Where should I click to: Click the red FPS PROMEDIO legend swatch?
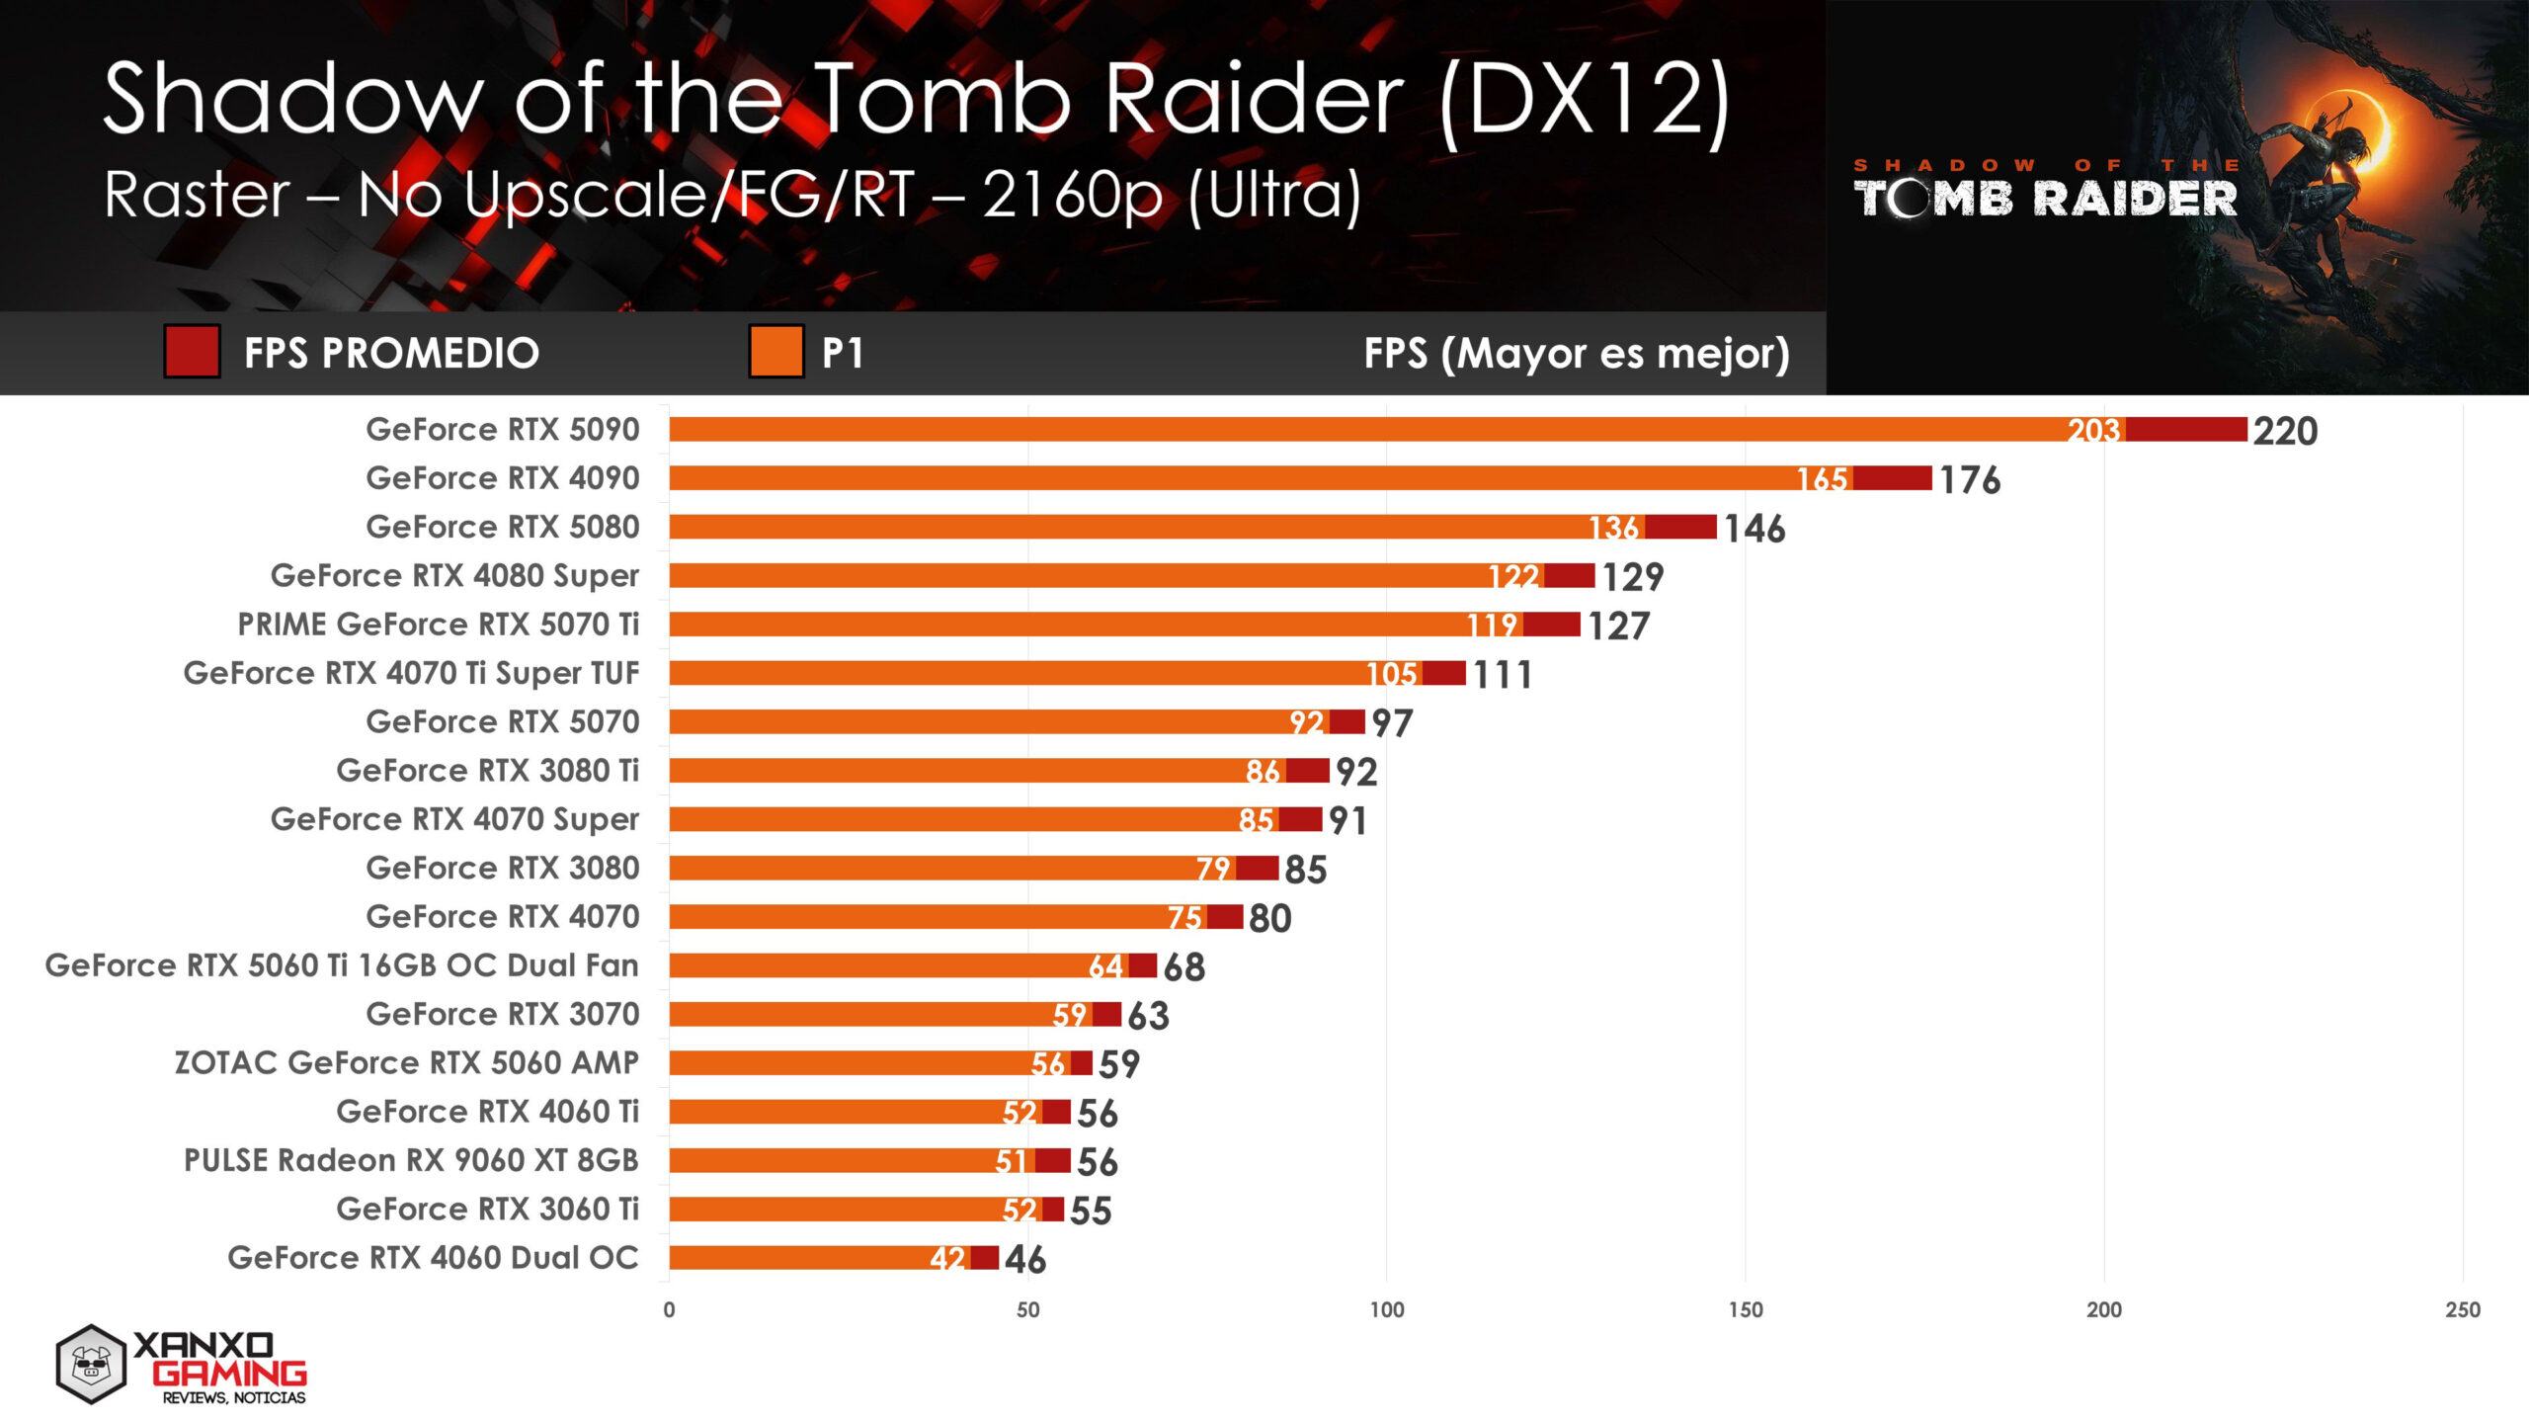tap(192, 352)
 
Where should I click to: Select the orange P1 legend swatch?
tap(775, 352)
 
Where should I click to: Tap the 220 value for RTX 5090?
tap(2285, 432)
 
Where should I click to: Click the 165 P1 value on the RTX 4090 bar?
tap(1822, 479)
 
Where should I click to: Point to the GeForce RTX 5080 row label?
tap(502, 527)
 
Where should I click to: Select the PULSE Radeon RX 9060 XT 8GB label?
tap(411, 1160)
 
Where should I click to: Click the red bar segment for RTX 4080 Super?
tap(1569, 575)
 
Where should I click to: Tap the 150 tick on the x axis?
tap(1745, 1310)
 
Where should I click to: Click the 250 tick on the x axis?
tap(2462, 1310)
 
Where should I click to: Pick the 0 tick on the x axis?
tap(669, 1310)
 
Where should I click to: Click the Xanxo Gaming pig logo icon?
tap(91, 1365)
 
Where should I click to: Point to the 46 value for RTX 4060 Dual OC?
tap(1025, 1260)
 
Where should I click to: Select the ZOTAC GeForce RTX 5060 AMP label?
tap(406, 1062)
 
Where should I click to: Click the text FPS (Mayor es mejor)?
tap(1576, 353)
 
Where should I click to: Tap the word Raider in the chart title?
tap(1254, 99)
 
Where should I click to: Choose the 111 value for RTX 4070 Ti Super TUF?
tap(1503, 675)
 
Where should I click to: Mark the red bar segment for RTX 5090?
tap(2185, 430)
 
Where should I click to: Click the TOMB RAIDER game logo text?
tap(2045, 198)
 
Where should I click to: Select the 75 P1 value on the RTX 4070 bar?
tap(1184, 918)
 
